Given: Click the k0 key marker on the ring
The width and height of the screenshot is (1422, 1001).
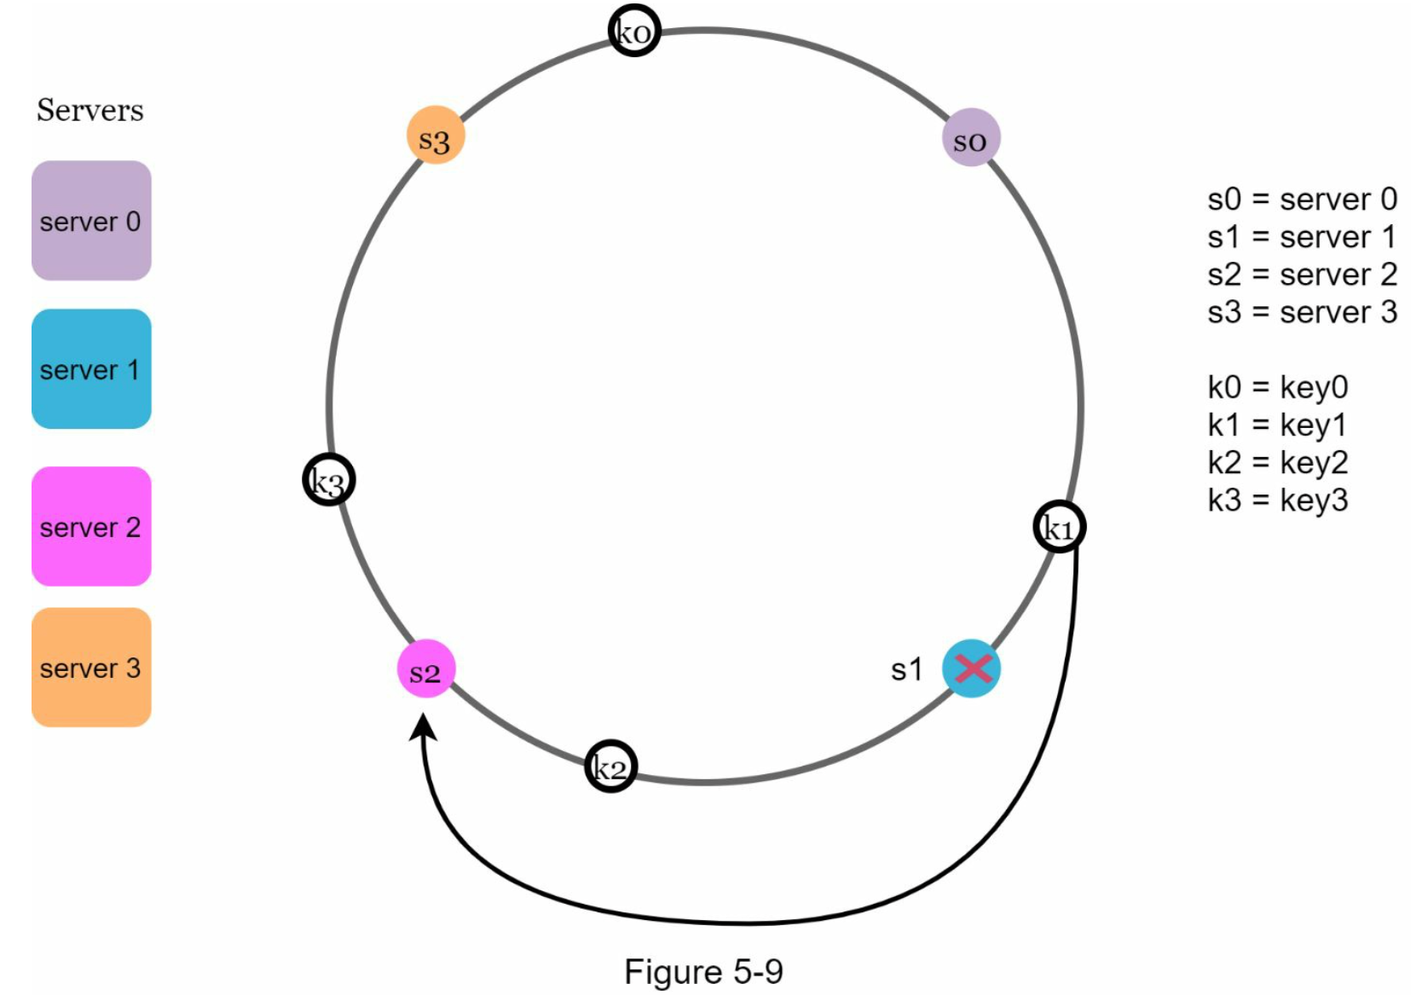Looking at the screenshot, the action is (634, 31).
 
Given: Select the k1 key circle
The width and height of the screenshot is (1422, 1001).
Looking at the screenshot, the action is (1060, 527).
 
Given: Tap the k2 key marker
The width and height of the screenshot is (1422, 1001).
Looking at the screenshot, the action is (611, 766).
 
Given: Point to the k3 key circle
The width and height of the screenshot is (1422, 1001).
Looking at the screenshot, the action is (329, 479).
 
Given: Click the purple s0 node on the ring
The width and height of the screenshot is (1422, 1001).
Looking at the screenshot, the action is (971, 137).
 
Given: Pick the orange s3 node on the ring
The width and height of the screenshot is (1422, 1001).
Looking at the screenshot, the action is (436, 135).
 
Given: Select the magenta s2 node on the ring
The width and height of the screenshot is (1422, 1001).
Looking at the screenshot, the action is (426, 668).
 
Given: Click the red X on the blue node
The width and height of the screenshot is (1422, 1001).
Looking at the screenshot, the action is (972, 668).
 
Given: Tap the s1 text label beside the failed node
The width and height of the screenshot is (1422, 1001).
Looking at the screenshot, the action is (906, 670).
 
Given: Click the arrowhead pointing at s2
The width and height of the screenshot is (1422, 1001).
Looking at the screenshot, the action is (423, 726).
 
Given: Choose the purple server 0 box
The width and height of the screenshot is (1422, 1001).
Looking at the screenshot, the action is (91, 221).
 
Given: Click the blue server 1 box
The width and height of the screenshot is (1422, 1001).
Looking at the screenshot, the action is (91, 368).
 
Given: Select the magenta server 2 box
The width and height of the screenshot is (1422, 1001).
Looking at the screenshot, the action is (91, 526).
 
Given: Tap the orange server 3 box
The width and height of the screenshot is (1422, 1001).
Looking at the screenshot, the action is (91, 667).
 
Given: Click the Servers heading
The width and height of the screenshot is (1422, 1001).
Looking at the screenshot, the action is (90, 110).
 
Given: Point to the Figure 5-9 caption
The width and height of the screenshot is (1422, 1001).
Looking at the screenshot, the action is (703, 971).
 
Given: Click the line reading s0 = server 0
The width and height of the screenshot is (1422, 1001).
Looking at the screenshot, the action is (1303, 199).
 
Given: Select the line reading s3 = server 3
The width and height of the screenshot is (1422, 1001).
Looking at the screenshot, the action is (1303, 312).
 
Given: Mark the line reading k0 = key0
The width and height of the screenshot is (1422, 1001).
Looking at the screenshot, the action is (1278, 388).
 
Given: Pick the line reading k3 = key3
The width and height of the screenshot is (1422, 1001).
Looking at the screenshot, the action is (1278, 501).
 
